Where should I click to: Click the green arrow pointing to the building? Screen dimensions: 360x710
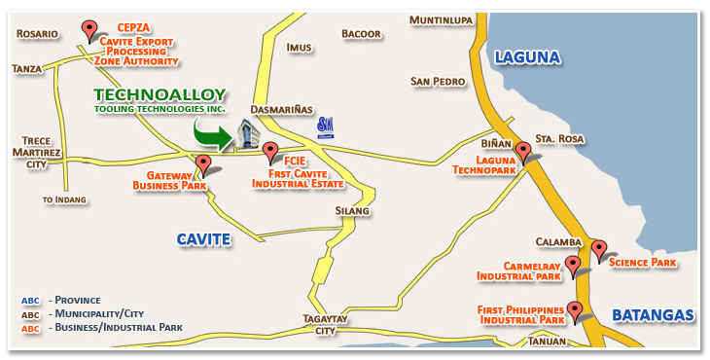(214, 135)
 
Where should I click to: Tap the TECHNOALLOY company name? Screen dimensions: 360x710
(160, 95)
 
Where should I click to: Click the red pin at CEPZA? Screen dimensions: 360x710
(90, 30)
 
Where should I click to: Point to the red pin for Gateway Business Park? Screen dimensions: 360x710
(202, 163)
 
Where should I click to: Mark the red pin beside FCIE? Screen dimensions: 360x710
(270, 150)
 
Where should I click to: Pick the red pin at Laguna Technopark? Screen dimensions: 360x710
(523, 152)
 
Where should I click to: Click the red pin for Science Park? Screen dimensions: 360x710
(599, 249)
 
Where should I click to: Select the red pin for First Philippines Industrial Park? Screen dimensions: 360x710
(575, 311)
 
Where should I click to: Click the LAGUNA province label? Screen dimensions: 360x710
(527, 57)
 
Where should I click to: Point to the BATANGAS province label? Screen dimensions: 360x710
(653, 314)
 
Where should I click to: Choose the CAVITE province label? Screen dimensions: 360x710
(203, 238)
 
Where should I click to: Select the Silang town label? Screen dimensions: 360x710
(351, 210)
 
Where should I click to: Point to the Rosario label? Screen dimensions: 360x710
(37, 34)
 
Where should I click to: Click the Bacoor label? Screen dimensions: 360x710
(361, 34)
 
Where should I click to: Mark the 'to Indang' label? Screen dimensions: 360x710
(64, 199)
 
